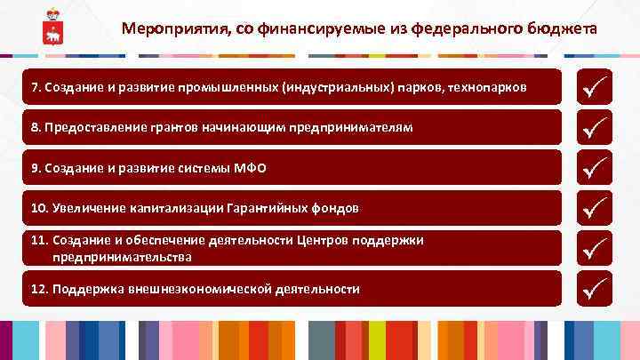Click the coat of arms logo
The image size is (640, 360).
click(x=52, y=28)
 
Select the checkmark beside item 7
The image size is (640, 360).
click(x=595, y=87)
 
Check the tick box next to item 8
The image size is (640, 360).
click(x=595, y=127)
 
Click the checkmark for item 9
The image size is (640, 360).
click(x=595, y=167)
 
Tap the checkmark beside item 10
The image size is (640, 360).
click(x=595, y=207)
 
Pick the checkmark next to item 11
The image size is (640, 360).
click(x=595, y=248)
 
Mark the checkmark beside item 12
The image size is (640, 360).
click(x=595, y=288)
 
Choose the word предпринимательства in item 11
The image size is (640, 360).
click(x=122, y=257)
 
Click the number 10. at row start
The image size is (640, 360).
click(x=39, y=208)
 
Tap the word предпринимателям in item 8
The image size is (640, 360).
click(x=352, y=128)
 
